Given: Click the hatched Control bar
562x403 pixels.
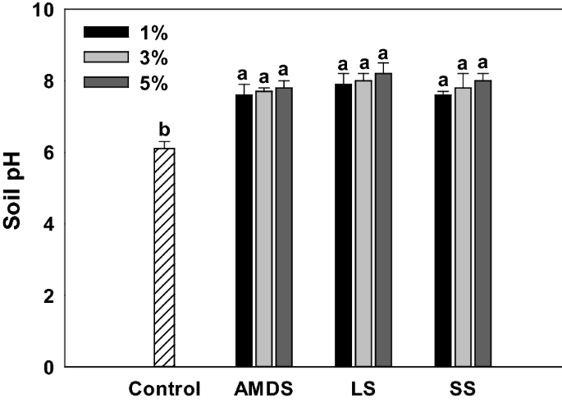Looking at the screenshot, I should point(165,257).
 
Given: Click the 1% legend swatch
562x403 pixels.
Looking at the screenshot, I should point(107,32).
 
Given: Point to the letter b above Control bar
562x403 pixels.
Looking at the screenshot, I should point(165,130).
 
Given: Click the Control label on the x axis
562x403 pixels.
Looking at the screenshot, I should point(165,388).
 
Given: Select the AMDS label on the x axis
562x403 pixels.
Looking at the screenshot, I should point(263,388).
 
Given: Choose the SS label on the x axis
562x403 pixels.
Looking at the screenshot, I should point(463,388).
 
